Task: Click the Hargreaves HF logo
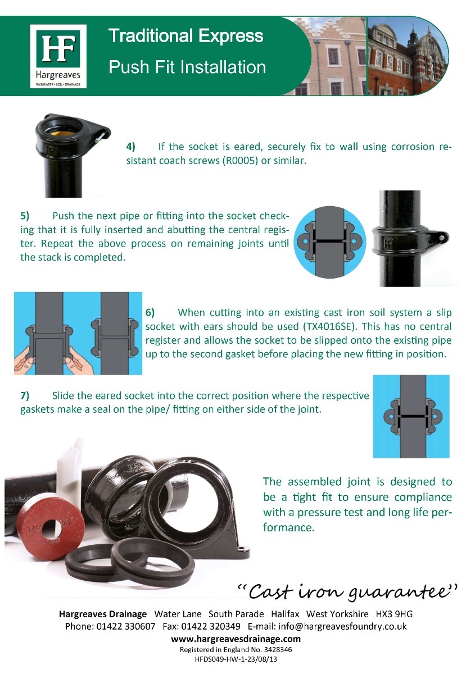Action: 58,56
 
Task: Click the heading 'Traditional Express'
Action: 186,37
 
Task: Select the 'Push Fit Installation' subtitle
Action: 187,67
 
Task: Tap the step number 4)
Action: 130,147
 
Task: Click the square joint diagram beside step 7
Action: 411,416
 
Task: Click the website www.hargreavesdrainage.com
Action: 236,639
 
